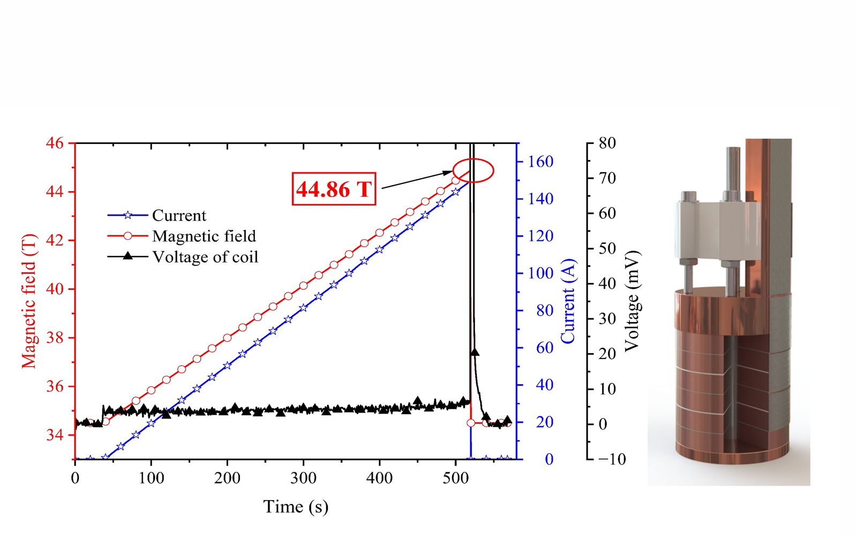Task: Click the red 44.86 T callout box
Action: click(x=334, y=189)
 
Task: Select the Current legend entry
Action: click(x=178, y=216)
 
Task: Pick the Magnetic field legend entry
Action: click(x=204, y=236)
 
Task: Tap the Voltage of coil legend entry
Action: click(x=205, y=257)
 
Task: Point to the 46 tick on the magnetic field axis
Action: click(x=55, y=143)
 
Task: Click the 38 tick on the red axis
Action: click(x=55, y=338)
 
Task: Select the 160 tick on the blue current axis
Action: click(x=540, y=162)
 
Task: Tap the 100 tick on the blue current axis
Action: click(x=540, y=273)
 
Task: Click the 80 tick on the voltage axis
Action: click(x=607, y=143)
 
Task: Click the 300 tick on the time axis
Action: click(x=303, y=478)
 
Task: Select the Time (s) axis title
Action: click(x=296, y=507)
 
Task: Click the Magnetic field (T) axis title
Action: click(x=29, y=301)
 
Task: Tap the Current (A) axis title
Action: click(x=568, y=301)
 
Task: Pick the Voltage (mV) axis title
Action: click(x=632, y=301)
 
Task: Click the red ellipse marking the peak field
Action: click(x=473, y=171)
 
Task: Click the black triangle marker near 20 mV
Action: click(x=475, y=352)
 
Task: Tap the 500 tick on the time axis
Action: click(x=455, y=478)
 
